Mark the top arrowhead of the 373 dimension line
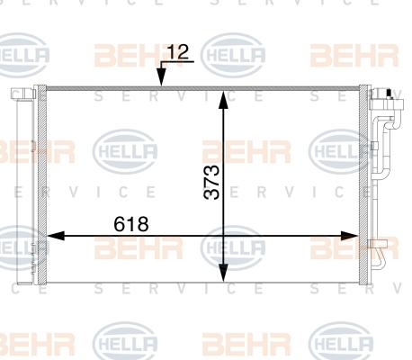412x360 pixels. tap(223, 96)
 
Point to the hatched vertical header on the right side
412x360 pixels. tap(363, 180)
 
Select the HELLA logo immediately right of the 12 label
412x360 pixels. tap(233, 56)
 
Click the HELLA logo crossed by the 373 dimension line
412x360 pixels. tap(232, 245)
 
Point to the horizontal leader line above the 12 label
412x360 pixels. tap(179, 63)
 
